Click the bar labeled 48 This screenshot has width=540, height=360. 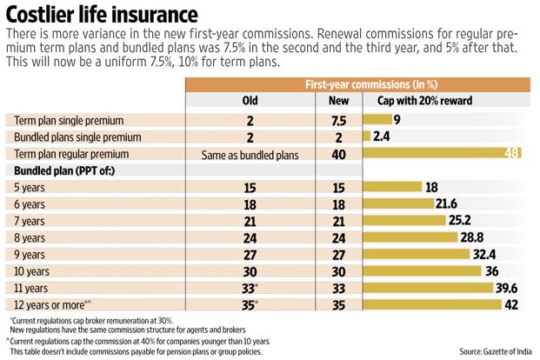point(443,155)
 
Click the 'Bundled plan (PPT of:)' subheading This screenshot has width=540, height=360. point(64,171)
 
